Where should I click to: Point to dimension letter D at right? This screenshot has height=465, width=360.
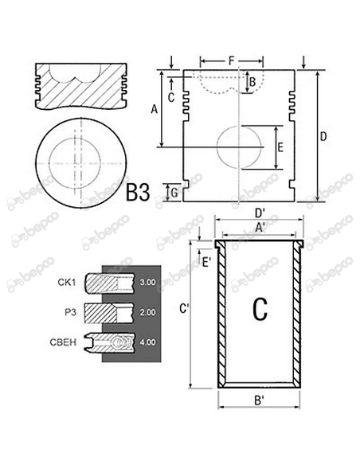[x=323, y=137]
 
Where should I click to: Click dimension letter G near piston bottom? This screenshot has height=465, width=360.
[x=174, y=191]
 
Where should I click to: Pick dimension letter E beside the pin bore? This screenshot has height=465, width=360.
[x=280, y=147]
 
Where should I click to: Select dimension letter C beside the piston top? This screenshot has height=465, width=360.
[x=171, y=99]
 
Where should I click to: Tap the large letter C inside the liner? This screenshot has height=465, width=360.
[x=260, y=309]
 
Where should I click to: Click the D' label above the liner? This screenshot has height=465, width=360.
[x=260, y=213]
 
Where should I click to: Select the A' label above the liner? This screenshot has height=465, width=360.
[x=260, y=226]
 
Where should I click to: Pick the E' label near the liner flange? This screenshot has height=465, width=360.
[x=206, y=260]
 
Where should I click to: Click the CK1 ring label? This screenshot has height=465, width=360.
[x=66, y=282]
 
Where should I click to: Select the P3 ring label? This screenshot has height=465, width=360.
[x=70, y=312]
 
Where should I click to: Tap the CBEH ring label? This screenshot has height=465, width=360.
[x=65, y=342]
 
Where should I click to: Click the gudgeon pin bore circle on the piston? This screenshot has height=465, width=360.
[x=239, y=147]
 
